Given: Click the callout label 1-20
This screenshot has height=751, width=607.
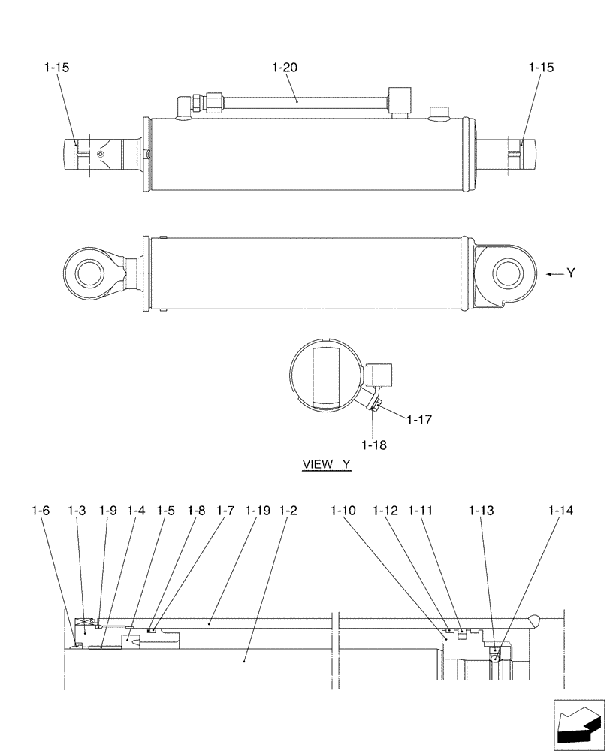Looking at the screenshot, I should point(285,68).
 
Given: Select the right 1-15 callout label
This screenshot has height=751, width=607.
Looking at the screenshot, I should point(541,68).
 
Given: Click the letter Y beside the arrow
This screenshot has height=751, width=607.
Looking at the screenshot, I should point(571,274).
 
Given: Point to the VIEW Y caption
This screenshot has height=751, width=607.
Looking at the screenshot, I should point(326,465).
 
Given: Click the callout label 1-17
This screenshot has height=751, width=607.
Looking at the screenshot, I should point(419,420).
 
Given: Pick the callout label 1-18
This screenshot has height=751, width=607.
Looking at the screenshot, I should point(373,445).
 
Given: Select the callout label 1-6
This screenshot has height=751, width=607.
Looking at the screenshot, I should point(41,511).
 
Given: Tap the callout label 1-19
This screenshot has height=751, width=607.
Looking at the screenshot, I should point(257,511).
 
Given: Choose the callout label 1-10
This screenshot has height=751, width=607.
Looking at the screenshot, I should point(343,511).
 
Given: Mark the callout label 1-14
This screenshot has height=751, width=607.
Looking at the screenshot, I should point(560,511).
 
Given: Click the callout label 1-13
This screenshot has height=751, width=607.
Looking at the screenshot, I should point(481,511).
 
